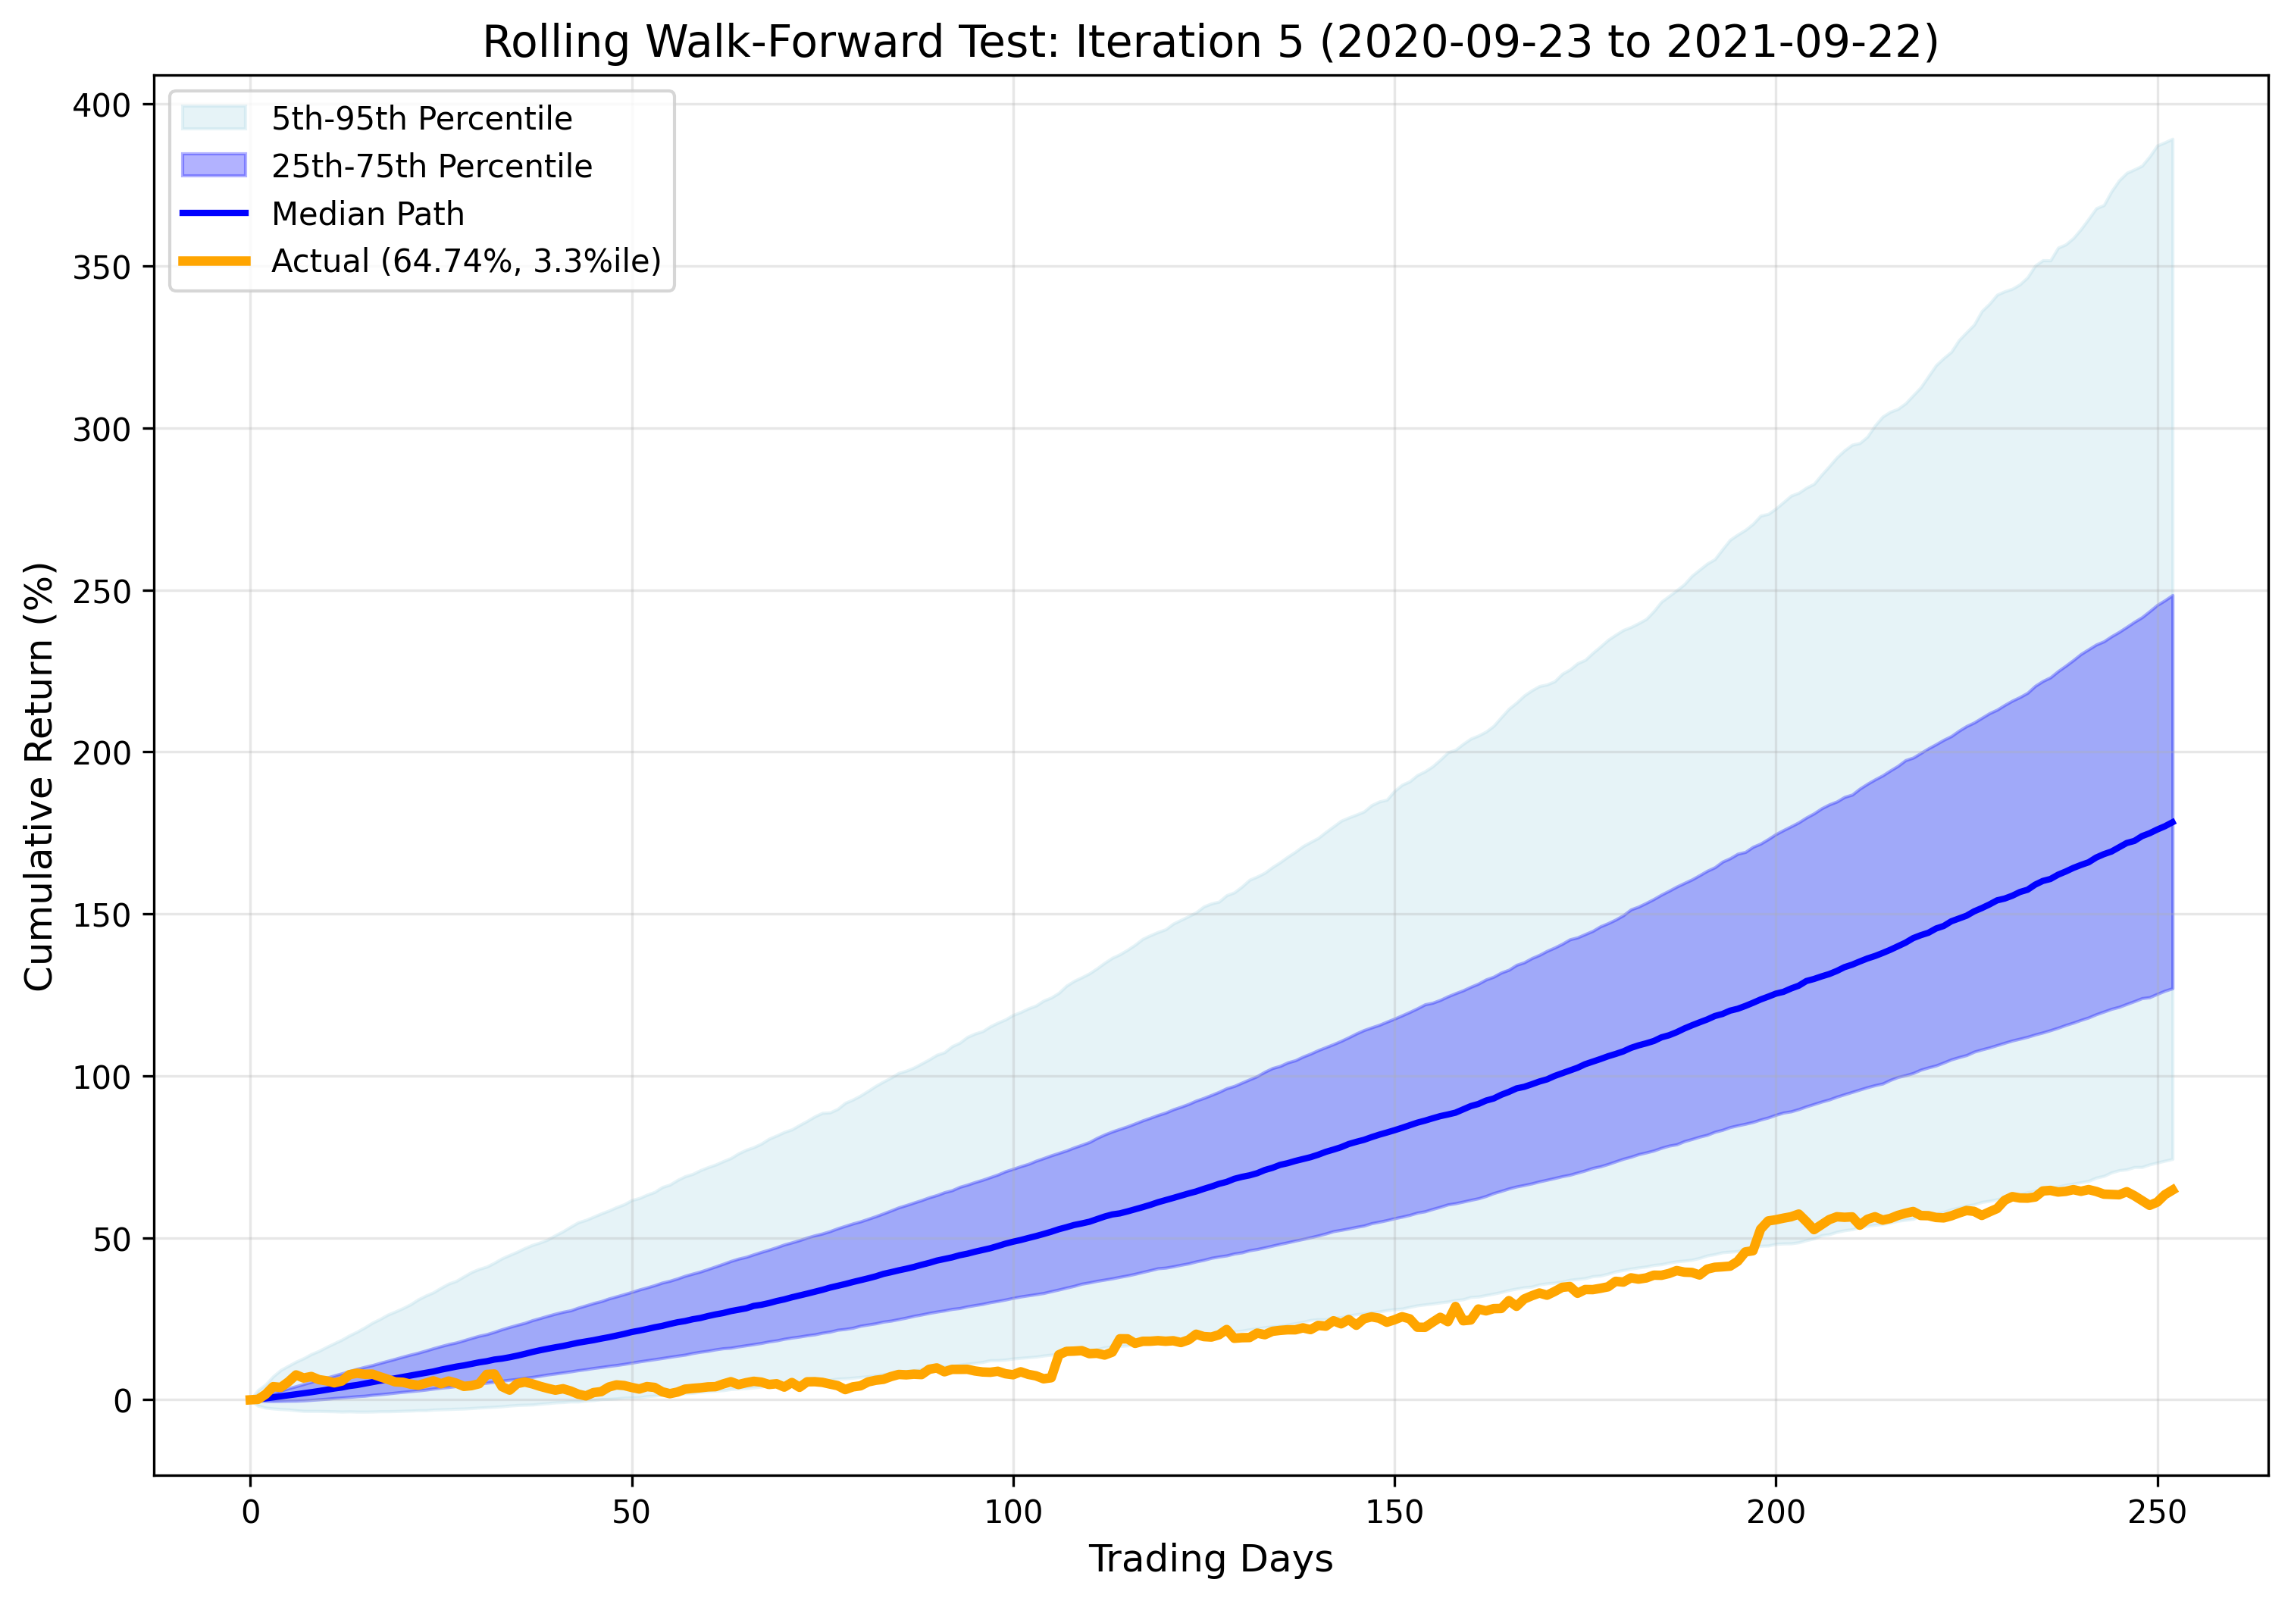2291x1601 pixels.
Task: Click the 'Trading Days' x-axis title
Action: point(1210,1558)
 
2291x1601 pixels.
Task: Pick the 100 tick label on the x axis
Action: point(1012,1512)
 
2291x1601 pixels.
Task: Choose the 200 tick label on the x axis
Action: point(1775,1512)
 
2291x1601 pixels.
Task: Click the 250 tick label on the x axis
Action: point(2156,1512)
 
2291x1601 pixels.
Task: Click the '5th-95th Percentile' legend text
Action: point(422,119)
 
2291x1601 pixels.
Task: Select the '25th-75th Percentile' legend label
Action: point(431,166)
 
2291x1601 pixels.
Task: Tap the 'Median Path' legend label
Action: point(368,214)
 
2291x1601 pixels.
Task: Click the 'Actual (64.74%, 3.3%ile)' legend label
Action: point(466,261)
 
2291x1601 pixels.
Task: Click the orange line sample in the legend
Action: point(214,261)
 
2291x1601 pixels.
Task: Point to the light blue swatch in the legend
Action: point(214,117)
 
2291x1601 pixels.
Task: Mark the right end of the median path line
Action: point(2172,822)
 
